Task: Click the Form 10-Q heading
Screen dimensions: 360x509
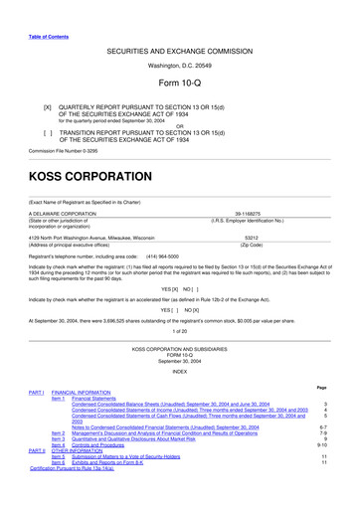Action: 179,83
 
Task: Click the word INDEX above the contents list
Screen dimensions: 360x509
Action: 179,373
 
